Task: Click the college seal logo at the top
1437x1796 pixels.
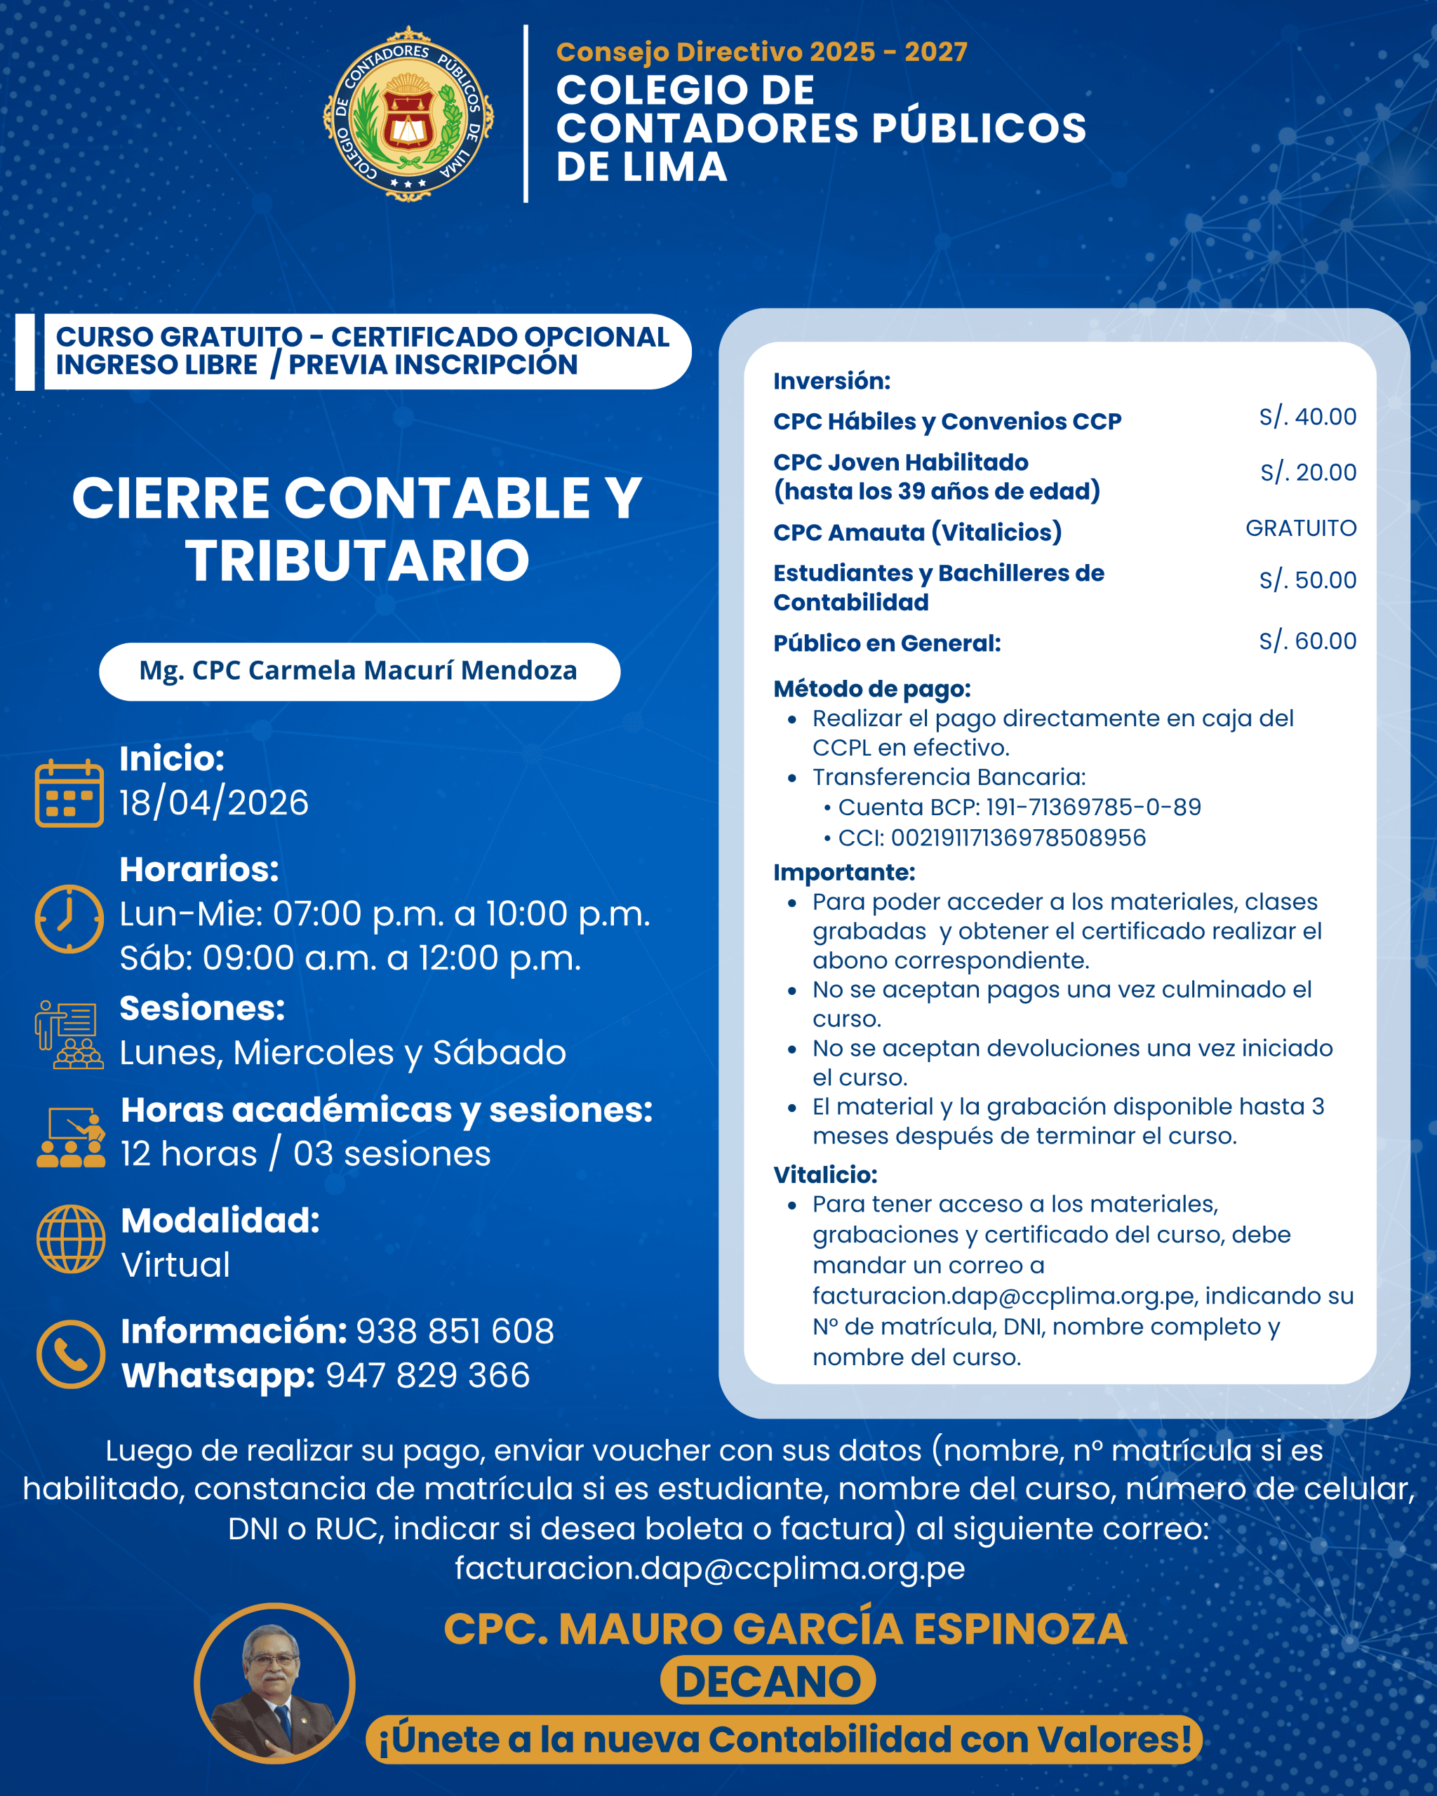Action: coord(408,114)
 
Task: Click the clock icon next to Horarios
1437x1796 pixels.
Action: coord(69,918)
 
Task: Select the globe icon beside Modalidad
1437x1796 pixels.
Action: coord(71,1239)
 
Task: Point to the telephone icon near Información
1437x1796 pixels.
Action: coord(71,1353)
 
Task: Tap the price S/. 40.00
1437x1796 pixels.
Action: coord(1307,417)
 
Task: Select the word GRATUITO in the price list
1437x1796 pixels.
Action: coord(1300,528)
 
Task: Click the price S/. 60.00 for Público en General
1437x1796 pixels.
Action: coord(1307,641)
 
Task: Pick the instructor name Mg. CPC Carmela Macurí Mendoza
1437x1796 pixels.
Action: coord(359,671)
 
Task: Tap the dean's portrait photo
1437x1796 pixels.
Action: coord(274,1684)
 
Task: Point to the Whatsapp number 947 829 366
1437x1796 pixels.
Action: coord(427,1375)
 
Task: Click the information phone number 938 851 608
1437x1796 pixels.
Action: coord(455,1331)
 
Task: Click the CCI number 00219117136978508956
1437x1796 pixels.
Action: coord(1018,837)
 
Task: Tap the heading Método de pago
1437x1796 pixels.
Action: coord(871,689)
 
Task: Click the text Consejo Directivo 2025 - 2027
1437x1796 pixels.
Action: coord(761,52)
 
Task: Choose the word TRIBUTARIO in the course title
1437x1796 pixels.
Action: coord(357,561)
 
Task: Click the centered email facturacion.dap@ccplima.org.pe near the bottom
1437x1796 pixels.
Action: coord(710,1569)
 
